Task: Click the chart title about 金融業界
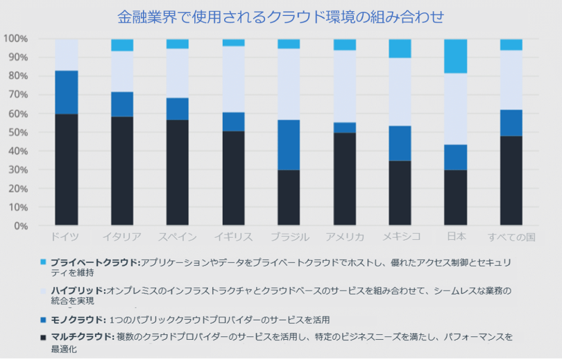pyautogui.click(x=280, y=16)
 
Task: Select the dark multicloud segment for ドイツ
pyautogui.click(x=67, y=169)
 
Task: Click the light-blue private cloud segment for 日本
pyautogui.click(x=455, y=56)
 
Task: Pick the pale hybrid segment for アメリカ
pyautogui.click(x=344, y=86)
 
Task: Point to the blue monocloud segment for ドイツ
pyautogui.click(x=67, y=92)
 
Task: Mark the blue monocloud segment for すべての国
pyautogui.click(x=511, y=123)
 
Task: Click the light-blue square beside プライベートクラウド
pyautogui.click(x=43, y=262)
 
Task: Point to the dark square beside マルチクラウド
pyautogui.click(x=43, y=337)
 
